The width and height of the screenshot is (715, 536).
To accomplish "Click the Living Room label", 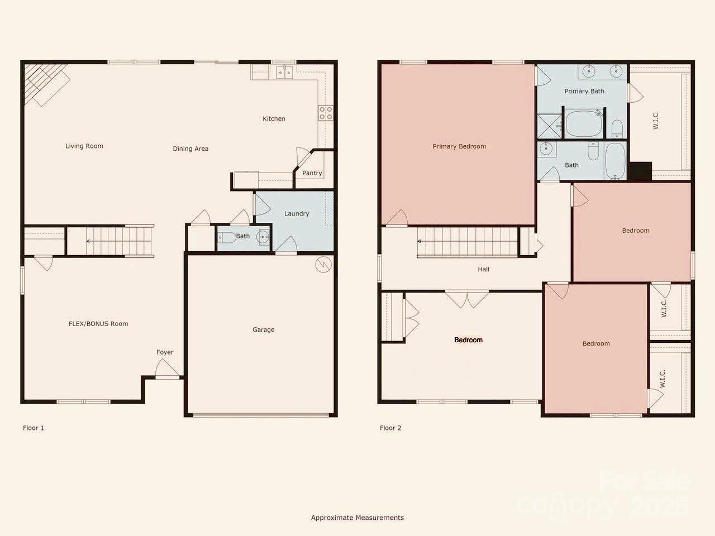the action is (x=84, y=146).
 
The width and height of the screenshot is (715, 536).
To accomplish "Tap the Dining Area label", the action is (x=190, y=149).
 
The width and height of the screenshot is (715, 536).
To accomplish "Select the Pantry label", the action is (x=312, y=173).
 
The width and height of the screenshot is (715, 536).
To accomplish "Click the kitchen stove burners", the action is (x=326, y=113).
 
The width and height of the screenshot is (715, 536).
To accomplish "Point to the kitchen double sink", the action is (x=285, y=73).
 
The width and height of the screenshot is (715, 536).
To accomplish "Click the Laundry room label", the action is (x=297, y=213).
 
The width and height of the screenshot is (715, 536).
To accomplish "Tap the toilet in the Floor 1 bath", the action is (x=227, y=238).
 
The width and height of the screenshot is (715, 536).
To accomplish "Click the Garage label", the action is (x=263, y=329).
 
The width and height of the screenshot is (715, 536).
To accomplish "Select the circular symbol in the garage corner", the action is (x=323, y=264).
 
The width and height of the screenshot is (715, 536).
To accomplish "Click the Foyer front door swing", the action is (x=166, y=368).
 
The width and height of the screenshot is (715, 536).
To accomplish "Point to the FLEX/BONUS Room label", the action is (x=98, y=324).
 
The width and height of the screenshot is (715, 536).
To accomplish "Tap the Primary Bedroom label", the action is (x=459, y=146).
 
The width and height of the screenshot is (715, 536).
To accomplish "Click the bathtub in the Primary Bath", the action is (x=584, y=123).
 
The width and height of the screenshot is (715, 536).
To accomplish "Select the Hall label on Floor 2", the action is (x=483, y=269).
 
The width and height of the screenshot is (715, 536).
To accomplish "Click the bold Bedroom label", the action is (x=469, y=340).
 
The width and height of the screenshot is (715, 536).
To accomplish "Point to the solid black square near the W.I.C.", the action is (x=640, y=171).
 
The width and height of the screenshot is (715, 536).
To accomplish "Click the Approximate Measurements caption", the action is (x=357, y=518).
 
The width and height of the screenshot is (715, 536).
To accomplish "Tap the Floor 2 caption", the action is (x=390, y=428).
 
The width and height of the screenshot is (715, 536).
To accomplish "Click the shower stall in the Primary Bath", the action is (x=550, y=126).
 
